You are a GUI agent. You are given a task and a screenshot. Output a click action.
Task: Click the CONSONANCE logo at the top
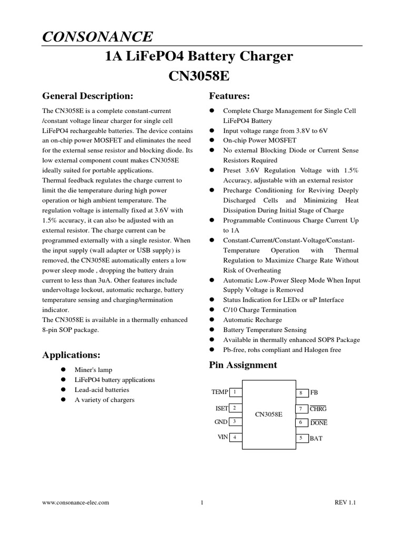coord(97,36)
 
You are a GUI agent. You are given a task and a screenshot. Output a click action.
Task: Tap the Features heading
coord(229,96)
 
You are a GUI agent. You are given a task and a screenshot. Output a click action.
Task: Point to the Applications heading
coord(71,355)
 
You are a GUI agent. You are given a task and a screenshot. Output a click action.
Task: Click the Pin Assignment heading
coord(243,365)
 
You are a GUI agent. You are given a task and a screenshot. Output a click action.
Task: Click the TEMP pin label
coord(220,392)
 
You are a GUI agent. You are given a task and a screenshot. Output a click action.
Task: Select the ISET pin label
coord(221,408)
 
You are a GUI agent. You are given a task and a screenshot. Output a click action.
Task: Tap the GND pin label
coord(221,421)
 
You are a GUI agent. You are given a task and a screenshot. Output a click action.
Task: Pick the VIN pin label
coord(223,437)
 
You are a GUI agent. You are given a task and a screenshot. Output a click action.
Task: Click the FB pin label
coord(314,392)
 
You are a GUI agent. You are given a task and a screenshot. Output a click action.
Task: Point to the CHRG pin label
coord(318,409)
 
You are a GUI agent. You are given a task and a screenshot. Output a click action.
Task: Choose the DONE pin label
coord(319,422)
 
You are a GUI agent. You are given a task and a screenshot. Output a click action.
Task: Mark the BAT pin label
coord(316,438)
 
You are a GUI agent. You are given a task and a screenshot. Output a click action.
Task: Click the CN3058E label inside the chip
coord(268,415)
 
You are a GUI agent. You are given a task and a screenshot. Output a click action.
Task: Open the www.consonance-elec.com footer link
coord(76,502)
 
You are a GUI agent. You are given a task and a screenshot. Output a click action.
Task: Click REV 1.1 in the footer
coord(346,502)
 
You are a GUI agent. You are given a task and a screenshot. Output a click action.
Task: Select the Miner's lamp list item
coord(93,370)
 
